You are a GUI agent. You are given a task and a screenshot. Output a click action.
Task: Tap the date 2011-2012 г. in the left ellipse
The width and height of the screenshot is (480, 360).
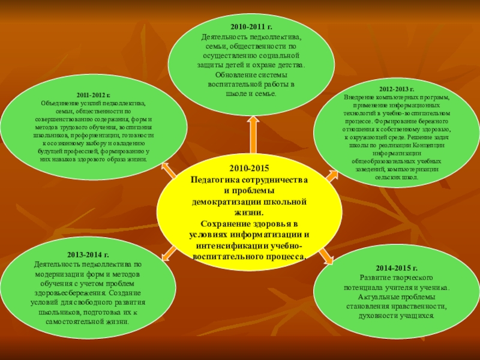tap(93, 95)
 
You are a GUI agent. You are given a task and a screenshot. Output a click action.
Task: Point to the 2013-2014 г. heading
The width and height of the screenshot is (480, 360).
tap(88, 255)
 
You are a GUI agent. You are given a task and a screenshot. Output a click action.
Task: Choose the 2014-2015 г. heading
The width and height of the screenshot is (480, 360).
tap(397, 268)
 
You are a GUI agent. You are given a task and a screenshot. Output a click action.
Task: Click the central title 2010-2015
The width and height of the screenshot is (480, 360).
tap(249, 170)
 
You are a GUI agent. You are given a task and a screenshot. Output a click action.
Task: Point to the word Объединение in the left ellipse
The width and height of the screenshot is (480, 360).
tap(61, 103)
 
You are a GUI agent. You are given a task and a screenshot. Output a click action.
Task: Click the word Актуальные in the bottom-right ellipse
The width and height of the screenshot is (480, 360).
tap(377, 297)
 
